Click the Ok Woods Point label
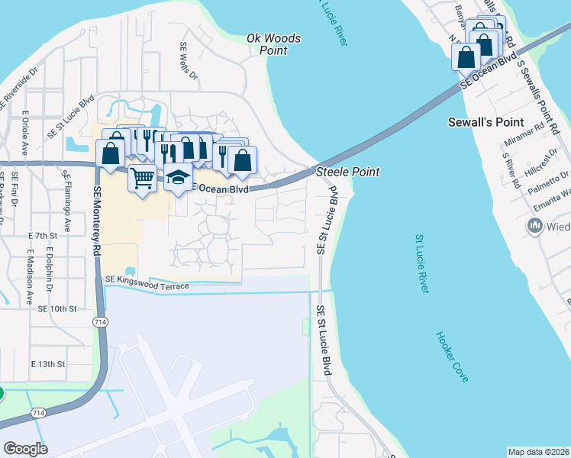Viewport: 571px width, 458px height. pos(274,44)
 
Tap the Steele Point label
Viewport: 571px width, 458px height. pos(347,173)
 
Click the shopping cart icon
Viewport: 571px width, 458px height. pos(143,179)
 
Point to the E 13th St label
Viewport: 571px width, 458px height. pos(47,365)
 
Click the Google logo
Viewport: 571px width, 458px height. pos(26,449)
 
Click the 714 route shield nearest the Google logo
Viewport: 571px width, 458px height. pos(37,412)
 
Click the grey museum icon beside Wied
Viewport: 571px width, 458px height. pos(535,226)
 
